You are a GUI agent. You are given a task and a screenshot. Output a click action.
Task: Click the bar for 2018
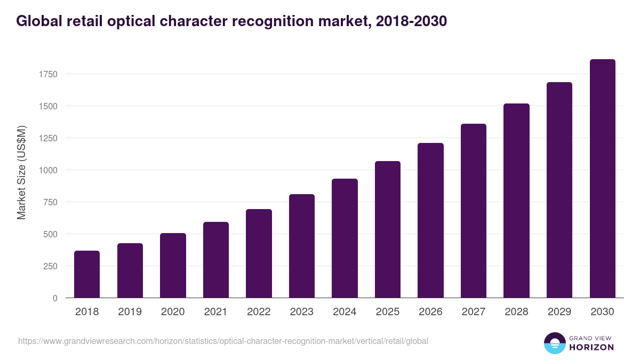point(87,274)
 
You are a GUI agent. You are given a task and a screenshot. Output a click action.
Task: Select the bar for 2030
point(602,179)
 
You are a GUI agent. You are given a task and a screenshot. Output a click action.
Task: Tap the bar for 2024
point(345,238)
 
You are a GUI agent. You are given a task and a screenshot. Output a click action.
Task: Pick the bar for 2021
point(216,260)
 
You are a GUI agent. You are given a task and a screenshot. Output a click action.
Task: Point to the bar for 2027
point(474,211)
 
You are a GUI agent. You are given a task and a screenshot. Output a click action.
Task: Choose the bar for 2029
point(559,190)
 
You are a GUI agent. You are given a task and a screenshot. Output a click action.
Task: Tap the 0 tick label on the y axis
point(55,298)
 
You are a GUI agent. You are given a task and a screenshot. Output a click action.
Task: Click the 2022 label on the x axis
point(259,312)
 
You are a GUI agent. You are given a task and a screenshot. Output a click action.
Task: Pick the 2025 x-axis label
point(388,312)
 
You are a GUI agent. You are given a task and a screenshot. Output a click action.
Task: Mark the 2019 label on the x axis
point(130,312)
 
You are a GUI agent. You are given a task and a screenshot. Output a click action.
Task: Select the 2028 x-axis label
point(516,312)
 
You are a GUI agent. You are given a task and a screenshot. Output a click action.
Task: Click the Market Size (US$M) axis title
point(21,172)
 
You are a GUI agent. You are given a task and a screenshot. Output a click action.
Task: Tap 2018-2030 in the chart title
point(411,21)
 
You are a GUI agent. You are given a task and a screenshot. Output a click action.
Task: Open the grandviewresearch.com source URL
point(223,341)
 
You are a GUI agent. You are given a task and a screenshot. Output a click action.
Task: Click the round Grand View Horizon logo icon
point(554,343)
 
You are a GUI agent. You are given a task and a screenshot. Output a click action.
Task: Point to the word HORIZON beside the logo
point(591,347)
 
